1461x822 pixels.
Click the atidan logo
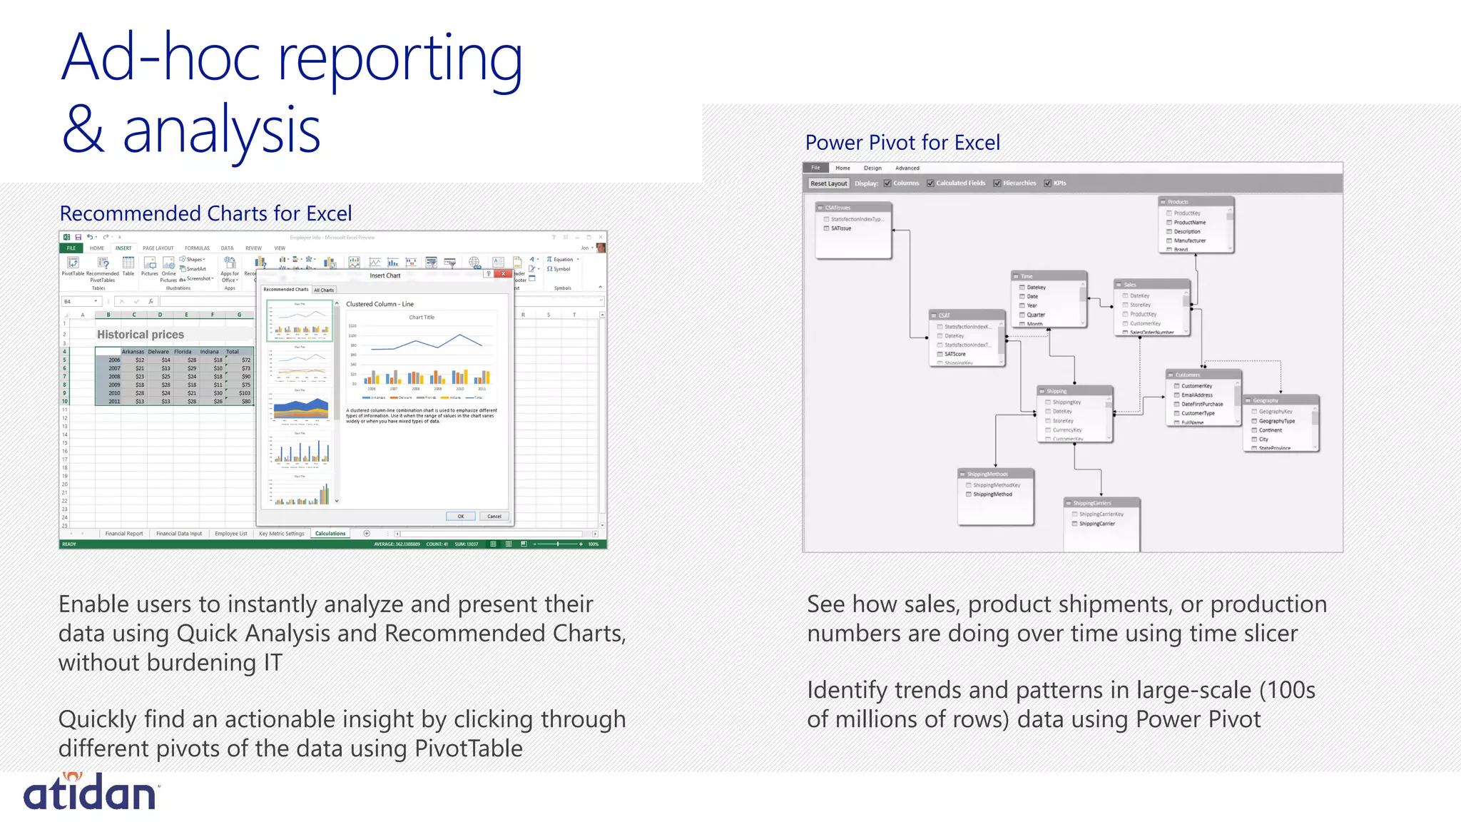pos(91,792)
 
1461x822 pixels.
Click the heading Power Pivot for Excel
pos(902,143)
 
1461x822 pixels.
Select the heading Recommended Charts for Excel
pos(205,213)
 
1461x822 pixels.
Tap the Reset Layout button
pos(828,183)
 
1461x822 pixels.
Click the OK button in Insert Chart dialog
pos(460,516)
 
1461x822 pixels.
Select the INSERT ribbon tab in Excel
pos(123,248)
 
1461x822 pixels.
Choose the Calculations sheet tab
pos(330,533)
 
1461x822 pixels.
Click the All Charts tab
pos(324,290)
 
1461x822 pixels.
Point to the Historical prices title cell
pos(141,335)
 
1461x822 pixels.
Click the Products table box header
pos(1195,202)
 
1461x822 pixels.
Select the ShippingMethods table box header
pos(995,474)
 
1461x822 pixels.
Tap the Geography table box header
pos(1280,400)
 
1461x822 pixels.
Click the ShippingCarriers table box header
pos(1101,503)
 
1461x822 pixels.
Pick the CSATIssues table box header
pos(852,208)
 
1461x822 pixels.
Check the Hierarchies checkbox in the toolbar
pos(997,183)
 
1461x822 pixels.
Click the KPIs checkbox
pos(1047,183)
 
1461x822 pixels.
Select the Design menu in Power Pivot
pos(872,168)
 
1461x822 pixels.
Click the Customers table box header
pos(1203,375)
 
